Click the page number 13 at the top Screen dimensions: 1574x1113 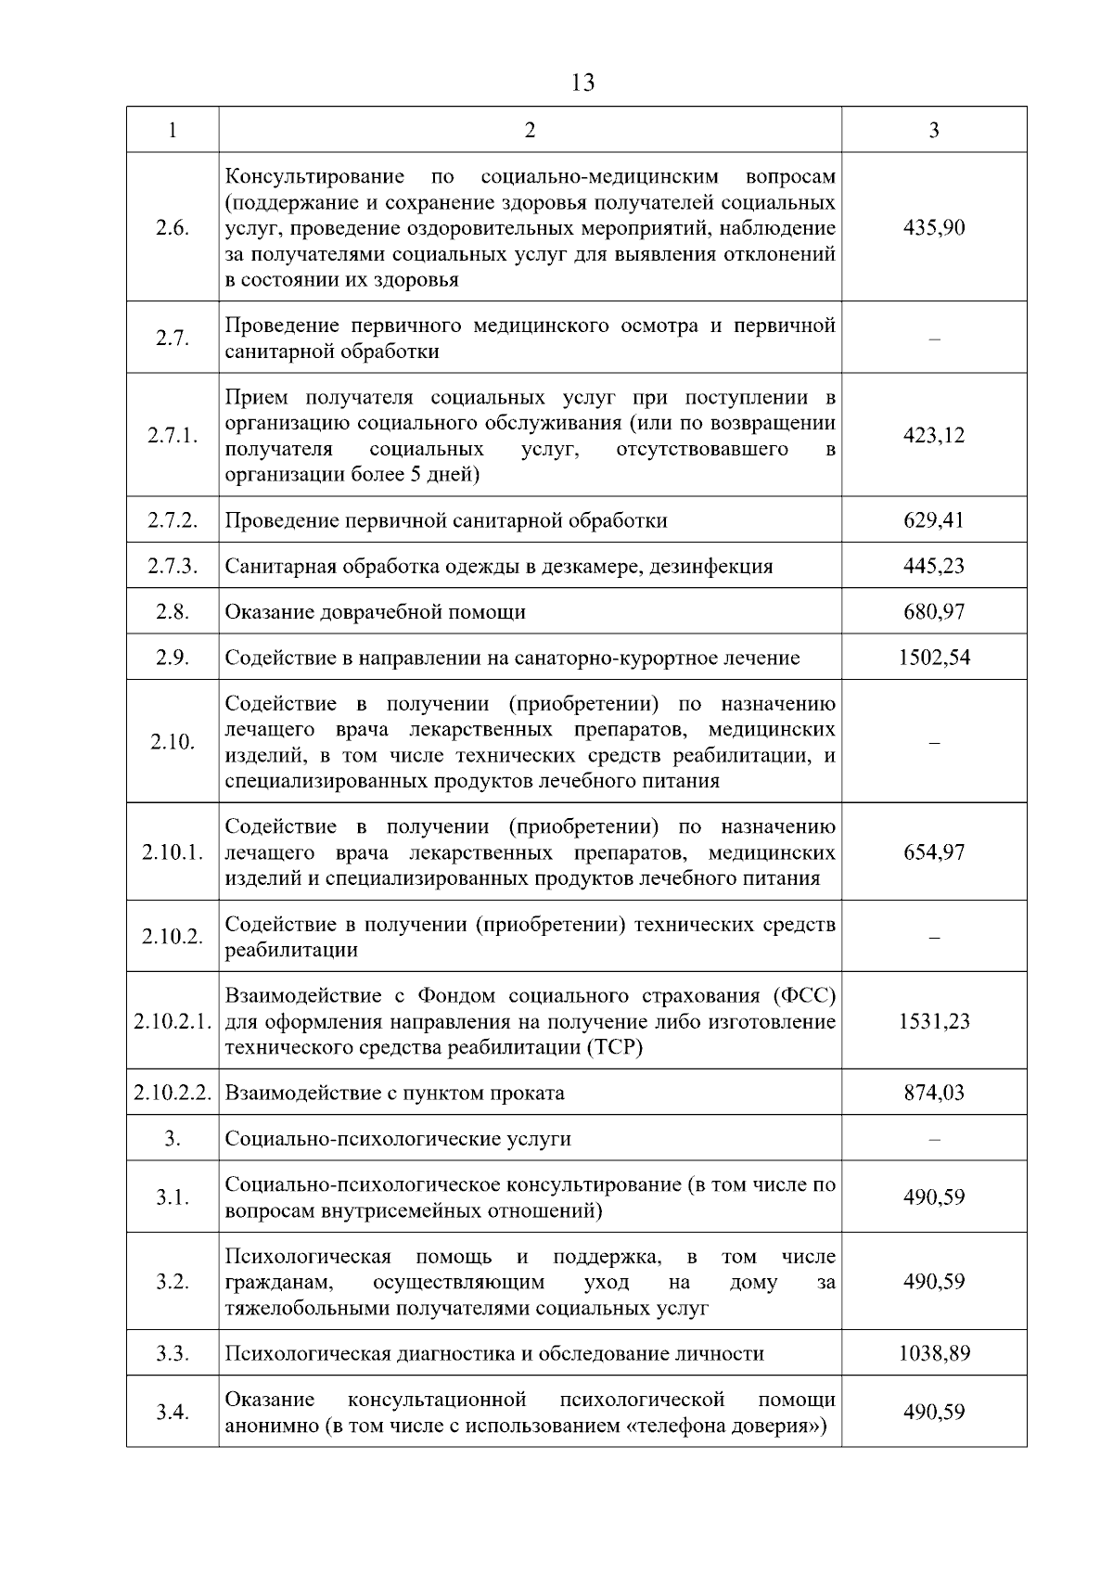point(582,83)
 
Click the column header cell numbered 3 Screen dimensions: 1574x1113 point(934,130)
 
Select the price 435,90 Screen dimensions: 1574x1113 point(934,228)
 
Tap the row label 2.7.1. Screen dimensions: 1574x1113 point(173,436)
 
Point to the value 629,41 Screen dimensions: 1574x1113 point(934,520)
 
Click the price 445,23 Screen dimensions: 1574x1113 point(934,566)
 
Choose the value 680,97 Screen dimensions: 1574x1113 point(934,612)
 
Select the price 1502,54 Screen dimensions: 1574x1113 point(934,658)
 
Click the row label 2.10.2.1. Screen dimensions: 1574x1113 point(173,1022)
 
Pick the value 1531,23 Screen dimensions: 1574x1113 point(934,1022)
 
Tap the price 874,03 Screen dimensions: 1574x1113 point(934,1093)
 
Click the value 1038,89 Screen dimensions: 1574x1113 point(934,1354)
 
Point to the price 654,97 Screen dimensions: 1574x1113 point(934,852)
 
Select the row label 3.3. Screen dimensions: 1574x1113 point(173,1354)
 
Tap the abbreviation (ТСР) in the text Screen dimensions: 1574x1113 point(613,1048)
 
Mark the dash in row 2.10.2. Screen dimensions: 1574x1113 point(934,937)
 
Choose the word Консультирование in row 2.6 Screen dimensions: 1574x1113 point(315,176)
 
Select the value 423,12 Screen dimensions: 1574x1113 point(934,436)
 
